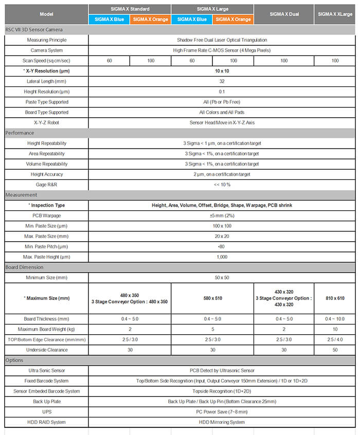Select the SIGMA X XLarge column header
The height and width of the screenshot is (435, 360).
click(x=335, y=14)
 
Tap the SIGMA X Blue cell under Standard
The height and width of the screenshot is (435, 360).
click(x=109, y=19)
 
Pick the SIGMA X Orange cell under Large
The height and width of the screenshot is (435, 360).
click(x=232, y=19)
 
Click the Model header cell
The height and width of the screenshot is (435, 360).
click(x=46, y=14)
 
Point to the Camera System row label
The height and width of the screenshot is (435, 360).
click(x=46, y=50)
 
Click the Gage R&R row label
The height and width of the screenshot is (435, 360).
click(x=46, y=185)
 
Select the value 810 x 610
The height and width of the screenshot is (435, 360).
click(x=335, y=298)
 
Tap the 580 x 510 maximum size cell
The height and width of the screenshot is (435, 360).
click(x=212, y=298)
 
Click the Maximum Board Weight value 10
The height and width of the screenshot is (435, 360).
click(x=335, y=329)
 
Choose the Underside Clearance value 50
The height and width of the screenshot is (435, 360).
click(x=335, y=350)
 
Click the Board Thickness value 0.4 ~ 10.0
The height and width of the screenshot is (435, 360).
click(x=335, y=319)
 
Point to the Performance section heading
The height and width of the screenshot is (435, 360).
click(x=20, y=133)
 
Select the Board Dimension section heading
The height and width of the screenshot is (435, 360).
click(x=25, y=267)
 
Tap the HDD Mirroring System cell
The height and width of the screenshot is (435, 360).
click(x=222, y=422)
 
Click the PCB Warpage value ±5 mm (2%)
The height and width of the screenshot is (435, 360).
click(x=222, y=215)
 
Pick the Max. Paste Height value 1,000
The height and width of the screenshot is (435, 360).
click(x=222, y=257)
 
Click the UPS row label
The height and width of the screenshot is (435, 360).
click(x=46, y=412)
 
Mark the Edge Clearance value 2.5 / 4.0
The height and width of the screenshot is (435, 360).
click(x=335, y=339)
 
